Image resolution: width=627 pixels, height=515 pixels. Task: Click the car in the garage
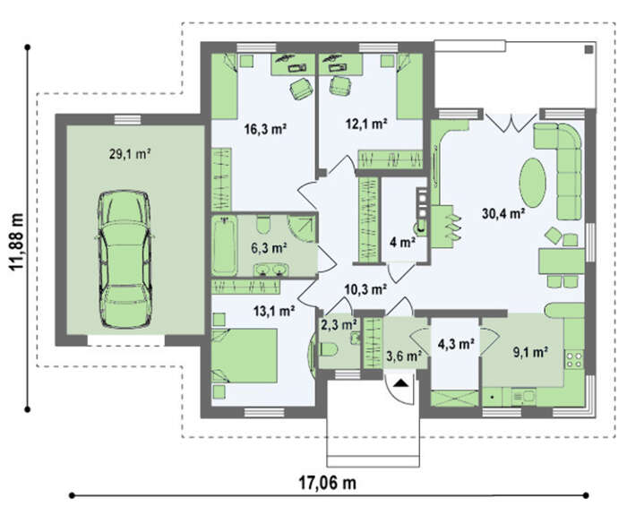(125, 259)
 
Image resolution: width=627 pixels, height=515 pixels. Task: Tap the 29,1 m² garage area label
(130, 154)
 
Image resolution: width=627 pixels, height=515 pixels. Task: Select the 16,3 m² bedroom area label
(265, 129)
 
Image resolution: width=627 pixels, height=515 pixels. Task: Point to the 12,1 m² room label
(366, 124)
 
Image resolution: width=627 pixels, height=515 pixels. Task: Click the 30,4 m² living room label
(503, 214)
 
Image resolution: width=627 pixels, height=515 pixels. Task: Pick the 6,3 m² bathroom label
(269, 248)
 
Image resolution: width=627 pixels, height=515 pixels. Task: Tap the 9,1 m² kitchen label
(530, 352)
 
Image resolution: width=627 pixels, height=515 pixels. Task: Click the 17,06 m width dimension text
(328, 484)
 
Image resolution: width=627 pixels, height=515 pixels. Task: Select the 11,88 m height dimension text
(17, 243)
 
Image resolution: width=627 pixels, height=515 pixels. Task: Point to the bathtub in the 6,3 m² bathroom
(224, 245)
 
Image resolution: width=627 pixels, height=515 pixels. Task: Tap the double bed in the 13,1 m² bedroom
(245, 356)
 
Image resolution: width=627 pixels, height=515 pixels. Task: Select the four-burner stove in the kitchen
(574, 359)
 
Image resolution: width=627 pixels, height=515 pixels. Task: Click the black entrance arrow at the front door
(400, 384)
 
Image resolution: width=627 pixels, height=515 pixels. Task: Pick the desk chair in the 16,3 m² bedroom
(301, 88)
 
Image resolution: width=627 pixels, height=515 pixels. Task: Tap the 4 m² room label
(402, 243)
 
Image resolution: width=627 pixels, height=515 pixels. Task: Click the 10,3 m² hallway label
(365, 289)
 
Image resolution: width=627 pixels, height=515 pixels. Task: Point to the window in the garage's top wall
(127, 119)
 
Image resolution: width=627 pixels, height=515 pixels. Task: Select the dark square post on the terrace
(588, 49)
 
